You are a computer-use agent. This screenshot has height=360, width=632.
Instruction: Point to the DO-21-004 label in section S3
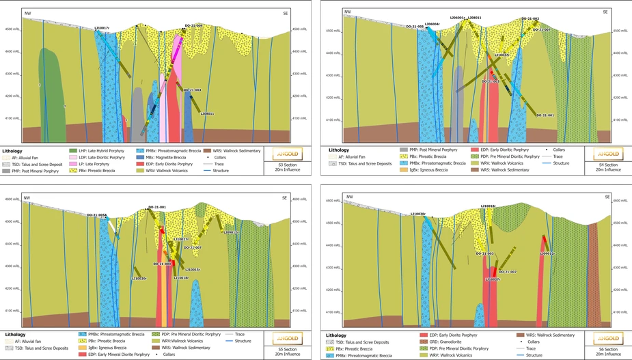[x=193, y=26]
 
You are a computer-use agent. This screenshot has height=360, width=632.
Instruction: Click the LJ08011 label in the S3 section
[x=207, y=114]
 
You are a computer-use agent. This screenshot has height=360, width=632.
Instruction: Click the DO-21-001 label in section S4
[x=545, y=115]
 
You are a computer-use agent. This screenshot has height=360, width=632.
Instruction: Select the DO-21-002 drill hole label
[x=530, y=19]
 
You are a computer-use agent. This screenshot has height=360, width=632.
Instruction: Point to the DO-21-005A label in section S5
[x=96, y=215]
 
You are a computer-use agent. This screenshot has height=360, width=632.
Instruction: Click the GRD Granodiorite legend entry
[x=444, y=342]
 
